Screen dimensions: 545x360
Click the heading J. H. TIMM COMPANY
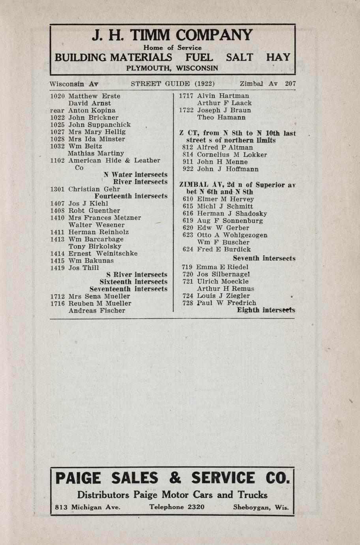[x=172, y=36]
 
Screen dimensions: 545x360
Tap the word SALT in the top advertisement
[x=239, y=58]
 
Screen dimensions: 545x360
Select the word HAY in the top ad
[x=278, y=58]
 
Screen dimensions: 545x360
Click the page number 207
[x=291, y=84]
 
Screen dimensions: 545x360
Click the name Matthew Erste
[x=94, y=96]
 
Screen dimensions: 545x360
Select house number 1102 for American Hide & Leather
[x=58, y=160]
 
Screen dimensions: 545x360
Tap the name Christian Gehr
[x=94, y=189]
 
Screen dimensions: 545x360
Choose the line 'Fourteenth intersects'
[x=131, y=196]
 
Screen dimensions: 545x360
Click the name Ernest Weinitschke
[x=103, y=254]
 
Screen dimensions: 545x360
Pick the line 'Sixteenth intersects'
[x=133, y=282]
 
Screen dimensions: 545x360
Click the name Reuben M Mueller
[x=100, y=303]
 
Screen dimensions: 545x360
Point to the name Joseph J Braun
[x=224, y=110]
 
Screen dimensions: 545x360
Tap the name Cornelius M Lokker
[x=232, y=155]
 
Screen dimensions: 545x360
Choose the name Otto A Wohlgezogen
[x=232, y=235]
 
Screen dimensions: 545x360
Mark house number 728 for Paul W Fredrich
[x=187, y=303]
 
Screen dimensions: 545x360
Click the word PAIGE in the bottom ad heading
[x=78, y=478]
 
